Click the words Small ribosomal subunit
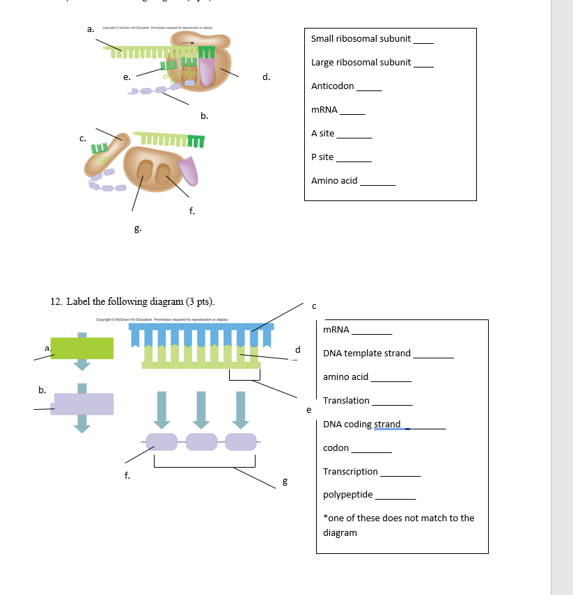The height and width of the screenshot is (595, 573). (x=361, y=39)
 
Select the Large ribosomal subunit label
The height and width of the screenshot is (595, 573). (x=361, y=63)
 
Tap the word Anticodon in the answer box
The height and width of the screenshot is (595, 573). (x=332, y=86)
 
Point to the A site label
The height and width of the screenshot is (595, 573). (x=322, y=133)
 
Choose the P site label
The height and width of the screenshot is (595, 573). (x=322, y=157)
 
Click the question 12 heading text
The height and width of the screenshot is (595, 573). (x=132, y=301)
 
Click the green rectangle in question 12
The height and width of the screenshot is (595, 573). (x=82, y=349)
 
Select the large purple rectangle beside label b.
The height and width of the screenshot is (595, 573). (x=82, y=404)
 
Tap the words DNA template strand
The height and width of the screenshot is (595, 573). (x=367, y=354)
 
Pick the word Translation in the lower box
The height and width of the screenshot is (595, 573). (x=346, y=400)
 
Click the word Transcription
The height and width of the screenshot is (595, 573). (x=350, y=472)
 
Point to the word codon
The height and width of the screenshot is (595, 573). (x=336, y=447)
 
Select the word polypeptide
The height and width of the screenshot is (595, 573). (x=347, y=495)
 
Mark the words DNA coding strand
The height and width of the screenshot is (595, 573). (x=362, y=425)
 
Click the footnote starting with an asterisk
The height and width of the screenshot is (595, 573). (x=398, y=525)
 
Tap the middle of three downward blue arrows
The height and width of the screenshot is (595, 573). (x=201, y=410)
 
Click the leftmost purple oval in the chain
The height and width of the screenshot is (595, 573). (x=162, y=441)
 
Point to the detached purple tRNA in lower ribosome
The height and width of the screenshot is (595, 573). (x=187, y=171)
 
